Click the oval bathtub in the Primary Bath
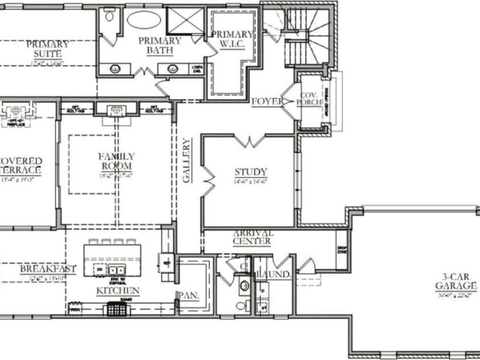144,19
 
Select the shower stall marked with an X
186,23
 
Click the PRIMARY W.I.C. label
232,39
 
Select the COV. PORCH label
310,99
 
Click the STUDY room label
251,172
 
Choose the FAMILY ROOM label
116,161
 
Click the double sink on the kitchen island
117,269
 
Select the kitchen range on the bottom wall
116,309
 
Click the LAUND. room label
274,275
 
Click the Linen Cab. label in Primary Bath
197,68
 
